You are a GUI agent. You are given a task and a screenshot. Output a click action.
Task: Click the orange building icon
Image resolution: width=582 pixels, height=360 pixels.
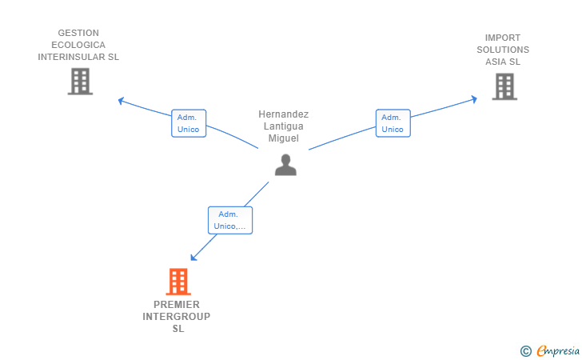click(x=178, y=282)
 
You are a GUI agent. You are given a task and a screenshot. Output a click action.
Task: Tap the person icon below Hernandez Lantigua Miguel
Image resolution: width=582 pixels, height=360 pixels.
click(x=285, y=165)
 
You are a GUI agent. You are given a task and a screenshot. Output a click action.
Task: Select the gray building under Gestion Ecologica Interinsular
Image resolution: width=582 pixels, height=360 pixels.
click(x=80, y=82)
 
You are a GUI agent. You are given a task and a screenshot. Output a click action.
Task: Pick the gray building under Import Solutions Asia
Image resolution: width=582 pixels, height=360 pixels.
click(x=504, y=86)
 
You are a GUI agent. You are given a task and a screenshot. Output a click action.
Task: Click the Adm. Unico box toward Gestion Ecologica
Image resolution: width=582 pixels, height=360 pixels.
click(x=189, y=123)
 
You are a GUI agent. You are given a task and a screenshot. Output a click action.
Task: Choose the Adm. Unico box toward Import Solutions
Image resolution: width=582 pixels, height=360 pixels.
click(x=393, y=123)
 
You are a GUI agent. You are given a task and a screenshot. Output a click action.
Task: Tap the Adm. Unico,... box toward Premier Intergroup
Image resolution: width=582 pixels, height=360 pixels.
click(x=230, y=220)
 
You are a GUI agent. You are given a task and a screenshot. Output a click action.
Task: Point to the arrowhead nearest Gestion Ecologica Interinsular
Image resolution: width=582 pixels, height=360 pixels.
click(x=121, y=100)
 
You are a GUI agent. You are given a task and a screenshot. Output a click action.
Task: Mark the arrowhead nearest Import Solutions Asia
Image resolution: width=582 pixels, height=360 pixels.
click(x=473, y=99)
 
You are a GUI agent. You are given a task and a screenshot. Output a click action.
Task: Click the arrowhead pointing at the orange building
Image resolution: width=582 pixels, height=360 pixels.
click(x=193, y=258)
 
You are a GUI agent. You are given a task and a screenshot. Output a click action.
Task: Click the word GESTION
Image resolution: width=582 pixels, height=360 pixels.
click(x=78, y=33)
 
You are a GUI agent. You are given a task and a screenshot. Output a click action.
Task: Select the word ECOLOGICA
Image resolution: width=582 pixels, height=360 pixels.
click(x=78, y=45)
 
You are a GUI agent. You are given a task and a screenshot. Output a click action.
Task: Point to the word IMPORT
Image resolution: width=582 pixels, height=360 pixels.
click(x=503, y=38)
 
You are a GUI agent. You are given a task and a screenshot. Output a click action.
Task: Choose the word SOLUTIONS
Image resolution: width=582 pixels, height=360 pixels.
click(x=503, y=50)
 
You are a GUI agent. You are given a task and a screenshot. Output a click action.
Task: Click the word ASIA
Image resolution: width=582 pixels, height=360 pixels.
click(x=496, y=62)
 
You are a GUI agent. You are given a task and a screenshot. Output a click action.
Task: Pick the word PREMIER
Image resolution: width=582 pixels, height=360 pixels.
click(x=177, y=305)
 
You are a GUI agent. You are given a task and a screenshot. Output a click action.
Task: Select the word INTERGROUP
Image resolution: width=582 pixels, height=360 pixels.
click(x=177, y=317)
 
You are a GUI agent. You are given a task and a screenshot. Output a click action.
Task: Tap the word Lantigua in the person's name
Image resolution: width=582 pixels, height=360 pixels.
click(x=284, y=126)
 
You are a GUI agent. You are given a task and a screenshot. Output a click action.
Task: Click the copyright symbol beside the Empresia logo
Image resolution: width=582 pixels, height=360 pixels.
click(x=525, y=351)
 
